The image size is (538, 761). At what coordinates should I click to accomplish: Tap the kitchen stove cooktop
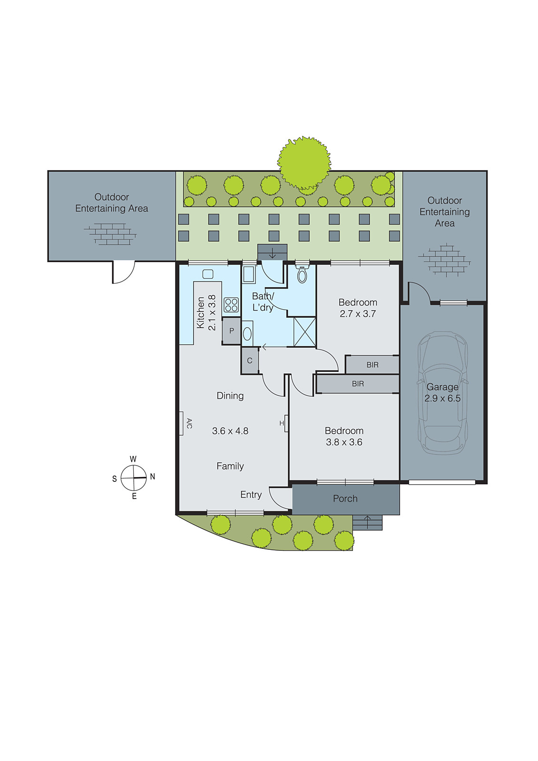231,305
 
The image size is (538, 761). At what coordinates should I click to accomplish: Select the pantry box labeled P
232,331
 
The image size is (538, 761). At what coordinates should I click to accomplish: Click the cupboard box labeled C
250,361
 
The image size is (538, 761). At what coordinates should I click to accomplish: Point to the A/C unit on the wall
181,423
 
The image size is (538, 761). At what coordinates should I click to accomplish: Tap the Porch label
345,498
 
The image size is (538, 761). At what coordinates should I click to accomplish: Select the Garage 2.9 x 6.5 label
442,393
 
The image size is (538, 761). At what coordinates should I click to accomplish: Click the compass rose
134,478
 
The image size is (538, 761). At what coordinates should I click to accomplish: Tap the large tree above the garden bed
304,162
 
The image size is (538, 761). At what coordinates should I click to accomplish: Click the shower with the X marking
304,332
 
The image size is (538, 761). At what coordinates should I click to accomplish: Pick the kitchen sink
208,274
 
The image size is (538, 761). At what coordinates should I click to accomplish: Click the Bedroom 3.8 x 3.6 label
344,436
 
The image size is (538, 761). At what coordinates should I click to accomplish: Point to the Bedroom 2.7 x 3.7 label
358,308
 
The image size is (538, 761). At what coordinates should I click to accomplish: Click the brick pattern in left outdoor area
110,234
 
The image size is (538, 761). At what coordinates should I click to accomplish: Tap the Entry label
251,495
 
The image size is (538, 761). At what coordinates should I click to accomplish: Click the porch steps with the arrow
367,522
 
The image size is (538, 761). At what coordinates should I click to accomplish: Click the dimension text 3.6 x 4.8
230,431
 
